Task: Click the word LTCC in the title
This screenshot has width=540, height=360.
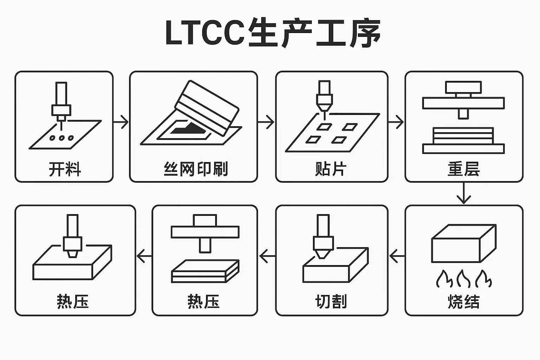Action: pyautogui.click(x=205, y=33)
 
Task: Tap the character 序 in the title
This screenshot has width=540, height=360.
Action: pyautogui.click(x=365, y=33)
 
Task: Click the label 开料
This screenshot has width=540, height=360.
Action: pyautogui.click(x=65, y=169)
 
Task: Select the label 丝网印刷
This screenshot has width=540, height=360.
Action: pyautogui.click(x=196, y=169)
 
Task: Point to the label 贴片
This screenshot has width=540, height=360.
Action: pyautogui.click(x=331, y=169)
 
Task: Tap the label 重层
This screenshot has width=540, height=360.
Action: pyautogui.click(x=464, y=169)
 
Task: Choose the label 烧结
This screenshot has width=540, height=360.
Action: pyautogui.click(x=464, y=302)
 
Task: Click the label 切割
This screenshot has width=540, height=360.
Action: pyautogui.click(x=331, y=302)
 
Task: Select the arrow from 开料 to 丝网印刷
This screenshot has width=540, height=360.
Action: pyautogui.click(x=121, y=122)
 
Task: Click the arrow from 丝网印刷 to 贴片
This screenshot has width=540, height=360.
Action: pyautogui.click(x=266, y=122)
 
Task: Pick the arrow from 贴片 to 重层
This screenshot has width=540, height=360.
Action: pyautogui.click(x=396, y=122)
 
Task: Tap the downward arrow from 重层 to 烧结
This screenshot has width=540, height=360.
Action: pyautogui.click(x=464, y=194)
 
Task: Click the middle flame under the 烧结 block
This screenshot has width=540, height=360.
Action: pyautogui.click(x=463, y=278)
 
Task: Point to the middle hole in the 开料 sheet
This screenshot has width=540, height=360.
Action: pyautogui.click(x=62, y=138)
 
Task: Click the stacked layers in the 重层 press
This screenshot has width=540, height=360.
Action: pyautogui.click(x=463, y=136)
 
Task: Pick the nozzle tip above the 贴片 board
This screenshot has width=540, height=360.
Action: pyautogui.click(x=324, y=108)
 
